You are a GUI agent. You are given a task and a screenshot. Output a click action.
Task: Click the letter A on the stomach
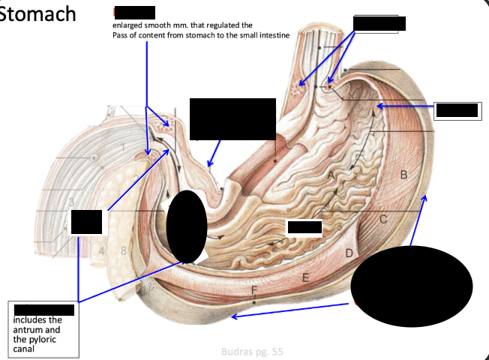click(x=331, y=174)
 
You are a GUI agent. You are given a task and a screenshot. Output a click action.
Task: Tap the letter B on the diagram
click(x=403, y=175)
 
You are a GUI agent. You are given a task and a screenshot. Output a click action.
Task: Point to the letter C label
click(x=382, y=219)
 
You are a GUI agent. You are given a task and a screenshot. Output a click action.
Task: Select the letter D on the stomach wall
click(x=349, y=253)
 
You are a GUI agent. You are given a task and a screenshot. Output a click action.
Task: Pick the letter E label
click(x=305, y=277)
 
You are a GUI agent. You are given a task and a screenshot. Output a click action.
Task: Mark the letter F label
click(x=254, y=289)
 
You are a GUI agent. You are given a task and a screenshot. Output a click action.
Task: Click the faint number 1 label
click(x=122, y=145)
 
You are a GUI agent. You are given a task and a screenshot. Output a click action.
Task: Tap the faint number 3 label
click(x=70, y=201)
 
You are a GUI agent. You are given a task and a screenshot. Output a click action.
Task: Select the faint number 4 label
click(x=101, y=250)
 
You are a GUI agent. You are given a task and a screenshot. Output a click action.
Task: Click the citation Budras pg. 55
click(x=253, y=350)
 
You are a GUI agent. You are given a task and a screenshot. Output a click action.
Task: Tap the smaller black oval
click(x=186, y=226)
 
